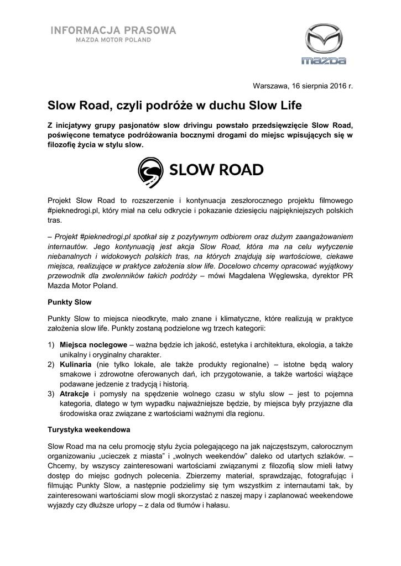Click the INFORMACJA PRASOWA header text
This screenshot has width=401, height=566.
[x=114, y=30]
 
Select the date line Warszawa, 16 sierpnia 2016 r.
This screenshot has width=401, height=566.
[x=302, y=86]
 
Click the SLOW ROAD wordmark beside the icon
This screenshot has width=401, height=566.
[x=216, y=170]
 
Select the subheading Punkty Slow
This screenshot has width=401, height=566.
[x=69, y=303]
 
